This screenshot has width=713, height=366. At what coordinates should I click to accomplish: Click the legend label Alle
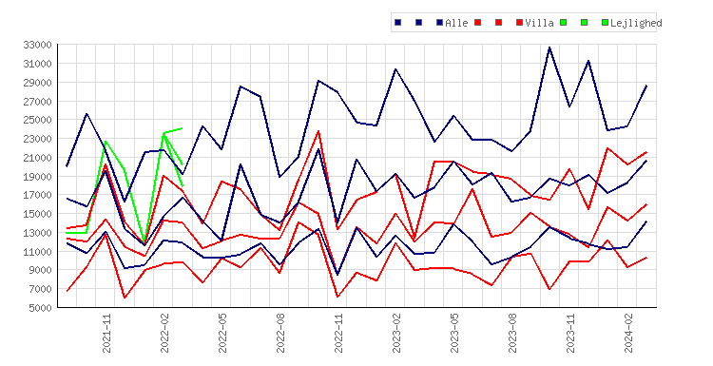point(456,23)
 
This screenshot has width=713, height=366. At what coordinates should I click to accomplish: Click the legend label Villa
point(539,23)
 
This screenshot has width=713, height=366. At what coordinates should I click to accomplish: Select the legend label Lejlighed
point(636,23)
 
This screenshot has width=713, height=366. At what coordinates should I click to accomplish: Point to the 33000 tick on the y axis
point(37,45)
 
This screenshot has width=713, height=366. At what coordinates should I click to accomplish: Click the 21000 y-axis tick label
point(37,158)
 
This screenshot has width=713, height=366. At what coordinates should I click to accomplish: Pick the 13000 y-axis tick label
point(37,233)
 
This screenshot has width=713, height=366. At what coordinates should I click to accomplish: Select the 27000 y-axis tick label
point(37,102)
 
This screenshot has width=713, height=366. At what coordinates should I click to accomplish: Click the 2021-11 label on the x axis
point(106,334)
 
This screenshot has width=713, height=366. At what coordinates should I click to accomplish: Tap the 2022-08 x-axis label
point(280,334)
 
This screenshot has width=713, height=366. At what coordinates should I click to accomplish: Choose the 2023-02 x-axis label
point(396,334)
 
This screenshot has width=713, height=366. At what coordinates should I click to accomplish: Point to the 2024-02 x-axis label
point(629,334)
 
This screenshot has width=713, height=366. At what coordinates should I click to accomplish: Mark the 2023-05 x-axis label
point(454,334)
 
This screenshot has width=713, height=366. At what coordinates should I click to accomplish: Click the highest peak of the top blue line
point(549,48)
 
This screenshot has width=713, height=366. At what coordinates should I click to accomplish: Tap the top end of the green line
point(182,128)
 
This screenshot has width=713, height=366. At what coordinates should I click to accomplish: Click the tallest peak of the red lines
point(318,131)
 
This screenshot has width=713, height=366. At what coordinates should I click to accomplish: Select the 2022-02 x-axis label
point(164,334)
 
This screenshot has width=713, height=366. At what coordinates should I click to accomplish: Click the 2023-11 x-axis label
point(570,334)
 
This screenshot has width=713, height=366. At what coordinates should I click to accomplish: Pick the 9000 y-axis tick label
point(40,270)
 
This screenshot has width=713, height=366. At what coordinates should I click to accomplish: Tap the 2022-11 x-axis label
point(338,334)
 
